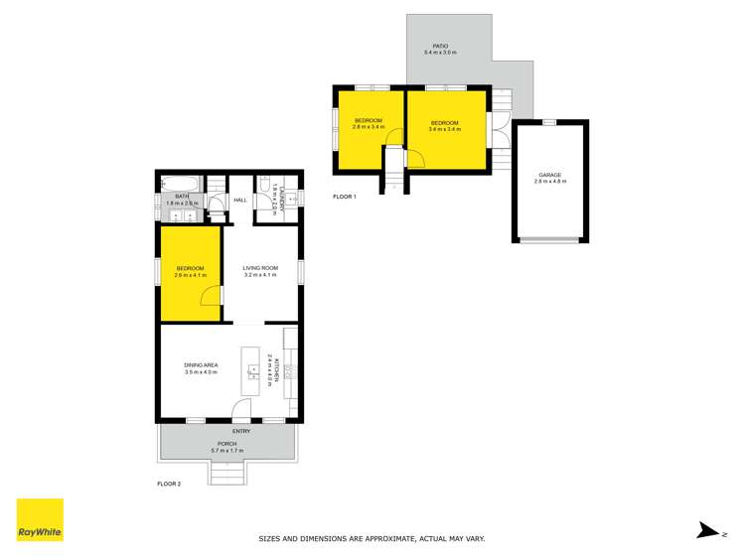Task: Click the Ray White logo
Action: point(40,519)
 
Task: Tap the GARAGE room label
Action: point(549,175)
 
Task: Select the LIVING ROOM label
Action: point(260,268)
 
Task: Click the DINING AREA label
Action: point(201,365)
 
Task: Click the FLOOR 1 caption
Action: point(345,197)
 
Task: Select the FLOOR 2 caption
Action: point(170,484)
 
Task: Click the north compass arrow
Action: point(708,531)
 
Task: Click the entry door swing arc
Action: point(241,410)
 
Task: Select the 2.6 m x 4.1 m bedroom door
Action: point(211,296)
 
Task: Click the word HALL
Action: point(240,201)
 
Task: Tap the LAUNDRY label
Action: point(283,194)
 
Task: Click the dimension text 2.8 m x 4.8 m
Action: point(549,182)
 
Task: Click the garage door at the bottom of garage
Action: point(549,239)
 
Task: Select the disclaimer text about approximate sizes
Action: point(372,539)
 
